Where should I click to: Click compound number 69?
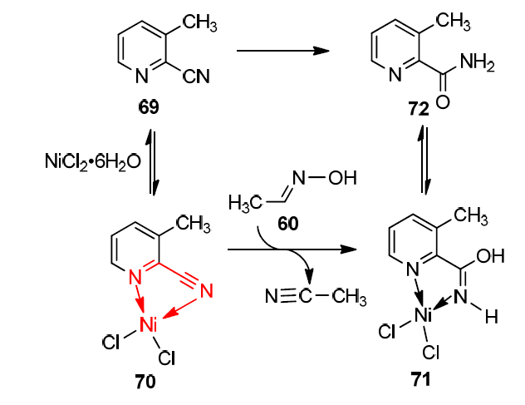(x=150, y=108)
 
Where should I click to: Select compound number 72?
(x=418, y=109)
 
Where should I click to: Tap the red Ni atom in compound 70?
(x=150, y=320)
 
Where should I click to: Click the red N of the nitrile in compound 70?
(x=205, y=290)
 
